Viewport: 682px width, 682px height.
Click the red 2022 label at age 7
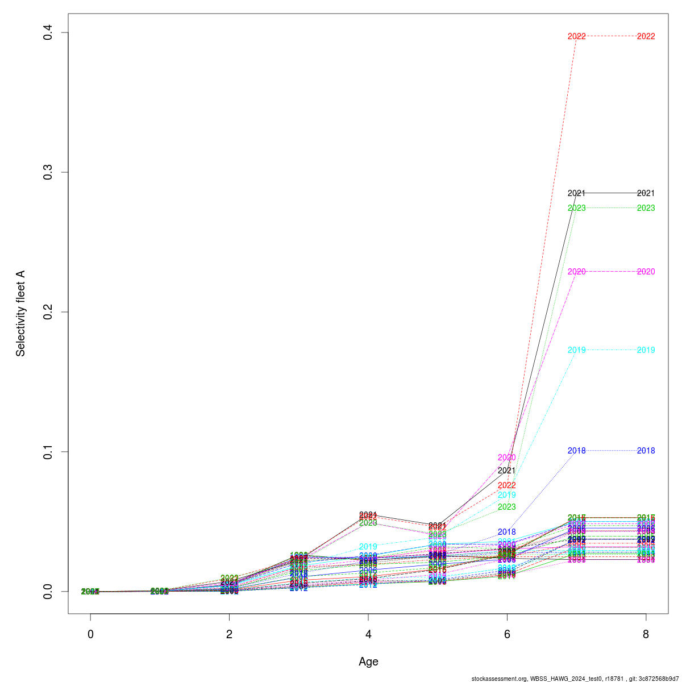[x=576, y=36]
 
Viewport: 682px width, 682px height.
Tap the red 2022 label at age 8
[x=646, y=36]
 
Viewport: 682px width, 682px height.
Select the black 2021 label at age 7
[x=576, y=193]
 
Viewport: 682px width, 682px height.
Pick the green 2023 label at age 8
[x=646, y=208]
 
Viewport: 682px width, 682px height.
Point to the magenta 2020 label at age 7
[x=576, y=272]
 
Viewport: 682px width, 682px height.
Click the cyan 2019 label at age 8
[x=646, y=350]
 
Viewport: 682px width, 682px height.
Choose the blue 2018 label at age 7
[x=576, y=451]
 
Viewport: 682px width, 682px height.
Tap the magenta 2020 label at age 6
[x=506, y=458]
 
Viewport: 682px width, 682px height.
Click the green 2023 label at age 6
[x=506, y=507]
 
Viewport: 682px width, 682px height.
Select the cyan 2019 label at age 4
[x=368, y=547]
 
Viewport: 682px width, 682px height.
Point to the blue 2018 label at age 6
[x=506, y=532]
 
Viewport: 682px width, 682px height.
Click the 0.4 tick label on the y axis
[x=48, y=32]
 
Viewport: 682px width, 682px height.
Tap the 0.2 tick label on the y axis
[x=48, y=312]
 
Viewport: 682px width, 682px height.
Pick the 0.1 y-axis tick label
[x=48, y=452]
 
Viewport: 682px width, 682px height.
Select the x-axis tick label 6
[x=507, y=634]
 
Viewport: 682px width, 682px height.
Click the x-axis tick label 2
[x=229, y=634]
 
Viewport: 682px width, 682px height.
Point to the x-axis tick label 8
[x=646, y=634]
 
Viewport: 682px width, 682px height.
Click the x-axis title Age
[x=368, y=662]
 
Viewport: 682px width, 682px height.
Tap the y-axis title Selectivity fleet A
[x=21, y=313]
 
